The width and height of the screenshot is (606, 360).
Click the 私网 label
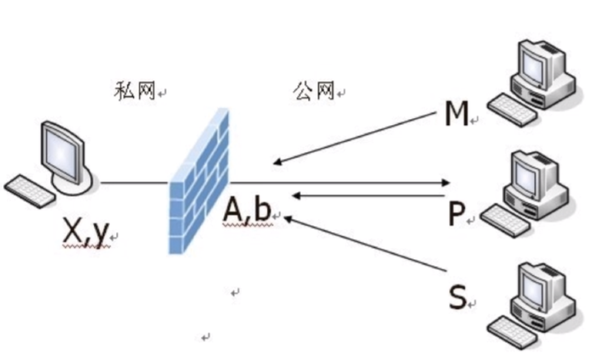point(135,91)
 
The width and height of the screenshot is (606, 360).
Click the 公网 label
point(314,91)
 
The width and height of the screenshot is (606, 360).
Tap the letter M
point(456,114)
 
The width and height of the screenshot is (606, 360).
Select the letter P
point(455,215)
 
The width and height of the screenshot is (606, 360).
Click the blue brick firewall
point(199,181)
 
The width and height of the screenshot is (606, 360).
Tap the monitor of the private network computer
point(63,150)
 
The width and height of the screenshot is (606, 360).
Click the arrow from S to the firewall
point(368,243)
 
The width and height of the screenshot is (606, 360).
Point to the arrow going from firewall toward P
point(340,183)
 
